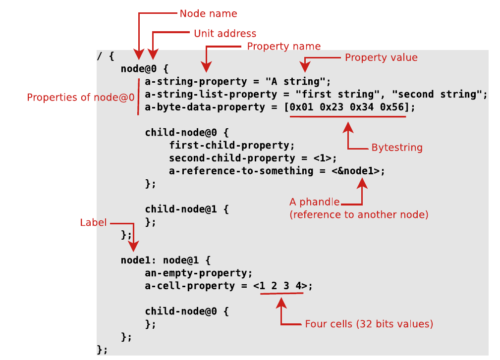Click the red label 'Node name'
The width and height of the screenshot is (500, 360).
tap(208, 13)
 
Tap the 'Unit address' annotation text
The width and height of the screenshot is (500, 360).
tap(225, 34)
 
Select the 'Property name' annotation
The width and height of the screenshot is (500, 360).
tap(283, 46)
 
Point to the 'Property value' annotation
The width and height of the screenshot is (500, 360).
tap(381, 57)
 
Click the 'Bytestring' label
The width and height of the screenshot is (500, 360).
tap(397, 148)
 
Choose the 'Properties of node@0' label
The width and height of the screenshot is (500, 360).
tap(81, 97)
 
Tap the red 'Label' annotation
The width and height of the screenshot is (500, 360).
tap(93, 223)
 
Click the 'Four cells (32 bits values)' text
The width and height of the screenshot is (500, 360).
tap(369, 324)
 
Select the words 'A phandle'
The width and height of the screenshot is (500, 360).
tap(314, 202)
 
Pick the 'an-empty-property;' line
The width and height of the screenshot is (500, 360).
tap(199, 273)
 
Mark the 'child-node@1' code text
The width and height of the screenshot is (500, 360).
tap(181, 209)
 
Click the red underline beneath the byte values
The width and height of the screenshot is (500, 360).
tap(348, 117)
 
